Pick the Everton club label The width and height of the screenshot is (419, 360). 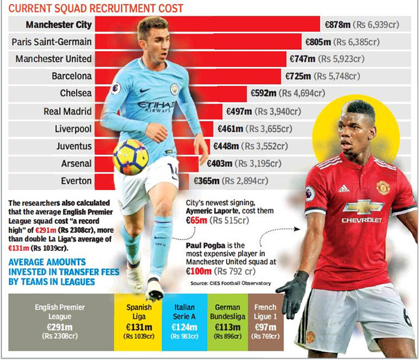76,180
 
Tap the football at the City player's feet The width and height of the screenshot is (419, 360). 130,156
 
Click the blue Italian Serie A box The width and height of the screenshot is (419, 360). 183,322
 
